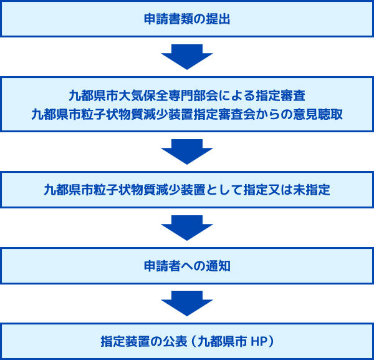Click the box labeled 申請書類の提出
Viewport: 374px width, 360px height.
tap(187, 19)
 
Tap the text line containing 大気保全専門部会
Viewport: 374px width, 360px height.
tap(187, 96)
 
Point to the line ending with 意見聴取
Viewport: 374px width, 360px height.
tap(187, 114)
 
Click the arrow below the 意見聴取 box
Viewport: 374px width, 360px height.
tap(187, 152)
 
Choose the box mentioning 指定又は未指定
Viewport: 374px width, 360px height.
tap(187, 190)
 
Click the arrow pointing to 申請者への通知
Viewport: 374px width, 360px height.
tap(187, 228)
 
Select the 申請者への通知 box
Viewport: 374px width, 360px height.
tap(187, 266)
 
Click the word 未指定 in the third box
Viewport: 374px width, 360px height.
tap(312, 190)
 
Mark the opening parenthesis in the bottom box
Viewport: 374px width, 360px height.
tap(194, 342)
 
